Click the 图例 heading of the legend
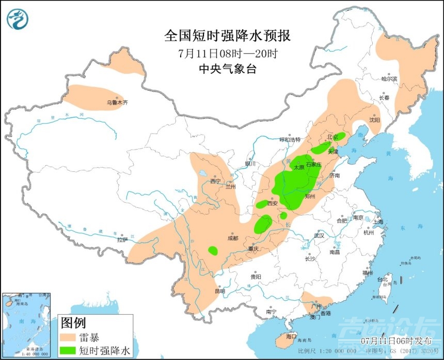[x=73, y=324]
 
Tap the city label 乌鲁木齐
[x=117, y=103]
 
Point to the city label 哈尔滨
[x=390, y=79]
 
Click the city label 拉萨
[x=122, y=239]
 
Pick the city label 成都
[x=232, y=238]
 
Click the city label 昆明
[x=220, y=291]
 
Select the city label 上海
[x=378, y=221]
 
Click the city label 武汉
[x=319, y=235]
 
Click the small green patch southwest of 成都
[x=213, y=251]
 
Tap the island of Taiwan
[x=384, y=289]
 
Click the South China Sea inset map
[x=26, y=325]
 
